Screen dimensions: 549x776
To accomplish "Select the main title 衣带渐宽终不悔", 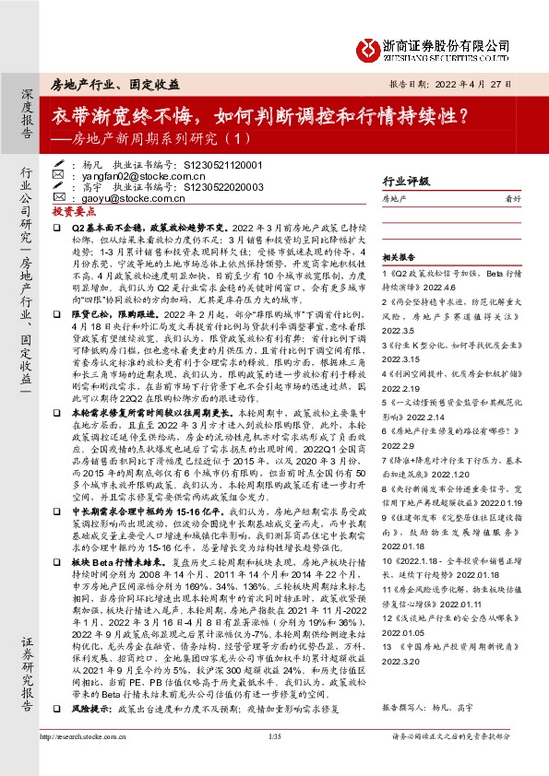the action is pyautogui.click(x=123, y=117).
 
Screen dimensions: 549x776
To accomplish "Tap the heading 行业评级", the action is pyautogui.click(x=405, y=182).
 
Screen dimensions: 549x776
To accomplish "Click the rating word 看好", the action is pyautogui.click(x=524, y=198).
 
